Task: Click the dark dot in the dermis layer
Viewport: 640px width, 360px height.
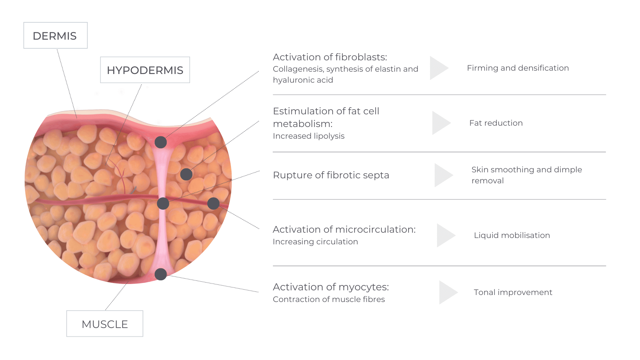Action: pos(161,142)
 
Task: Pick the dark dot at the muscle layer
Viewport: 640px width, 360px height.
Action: pos(161,274)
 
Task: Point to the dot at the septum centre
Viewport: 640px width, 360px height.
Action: pos(163,203)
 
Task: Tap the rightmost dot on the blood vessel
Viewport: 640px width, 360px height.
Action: pos(213,203)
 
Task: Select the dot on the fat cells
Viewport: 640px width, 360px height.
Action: pos(186,174)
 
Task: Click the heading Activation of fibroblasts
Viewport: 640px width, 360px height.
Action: pos(330,57)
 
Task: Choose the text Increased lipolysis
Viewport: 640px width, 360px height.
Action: pos(309,136)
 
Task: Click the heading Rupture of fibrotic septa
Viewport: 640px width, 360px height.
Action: pos(331,175)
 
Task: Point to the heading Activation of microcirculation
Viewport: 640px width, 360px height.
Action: pos(344,229)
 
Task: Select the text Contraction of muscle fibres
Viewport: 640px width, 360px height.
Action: pos(329,299)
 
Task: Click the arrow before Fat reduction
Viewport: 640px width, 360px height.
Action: pos(442,123)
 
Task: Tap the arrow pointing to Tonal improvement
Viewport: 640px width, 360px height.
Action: pos(449,292)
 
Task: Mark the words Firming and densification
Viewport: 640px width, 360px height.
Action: pos(518,68)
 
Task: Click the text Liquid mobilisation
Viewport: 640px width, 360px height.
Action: pos(512,235)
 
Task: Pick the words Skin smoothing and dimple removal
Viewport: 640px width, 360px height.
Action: pos(527,175)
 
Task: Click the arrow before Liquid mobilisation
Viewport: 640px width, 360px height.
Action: pos(446,235)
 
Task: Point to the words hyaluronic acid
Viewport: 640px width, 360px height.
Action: pos(303,80)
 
